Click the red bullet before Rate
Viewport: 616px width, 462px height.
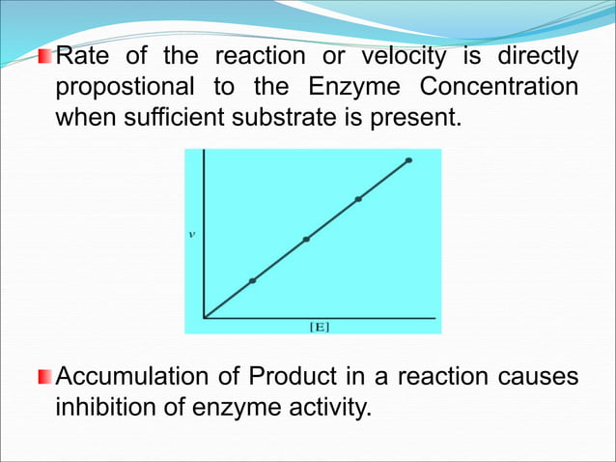click(45, 57)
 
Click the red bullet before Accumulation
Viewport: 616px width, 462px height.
click(45, 374)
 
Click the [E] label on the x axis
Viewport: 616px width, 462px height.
click(319, 327)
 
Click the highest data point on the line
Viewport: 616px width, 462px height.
click(409, 160)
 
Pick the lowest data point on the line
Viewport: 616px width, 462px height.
click(253, 280)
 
